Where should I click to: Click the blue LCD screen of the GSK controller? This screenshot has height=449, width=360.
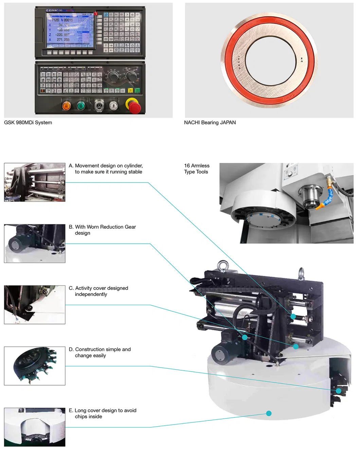click(70, 31)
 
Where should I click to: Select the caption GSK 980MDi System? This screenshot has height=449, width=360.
click(28, 123)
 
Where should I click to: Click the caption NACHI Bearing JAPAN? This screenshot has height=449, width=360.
click(210, 123)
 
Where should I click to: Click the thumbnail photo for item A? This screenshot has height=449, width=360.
click(35, 182)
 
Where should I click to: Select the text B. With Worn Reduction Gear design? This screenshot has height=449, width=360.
click(102, 230)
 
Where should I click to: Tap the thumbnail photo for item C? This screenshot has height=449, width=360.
click(35, 305)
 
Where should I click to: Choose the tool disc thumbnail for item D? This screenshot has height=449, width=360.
click(35, 366)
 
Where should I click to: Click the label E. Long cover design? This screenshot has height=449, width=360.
click(102, 413)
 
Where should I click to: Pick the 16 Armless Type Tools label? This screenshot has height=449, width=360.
click(197, 169)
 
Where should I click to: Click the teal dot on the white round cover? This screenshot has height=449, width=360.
click(269, 413)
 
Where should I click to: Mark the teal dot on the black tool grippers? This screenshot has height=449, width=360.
click(338, 391)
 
